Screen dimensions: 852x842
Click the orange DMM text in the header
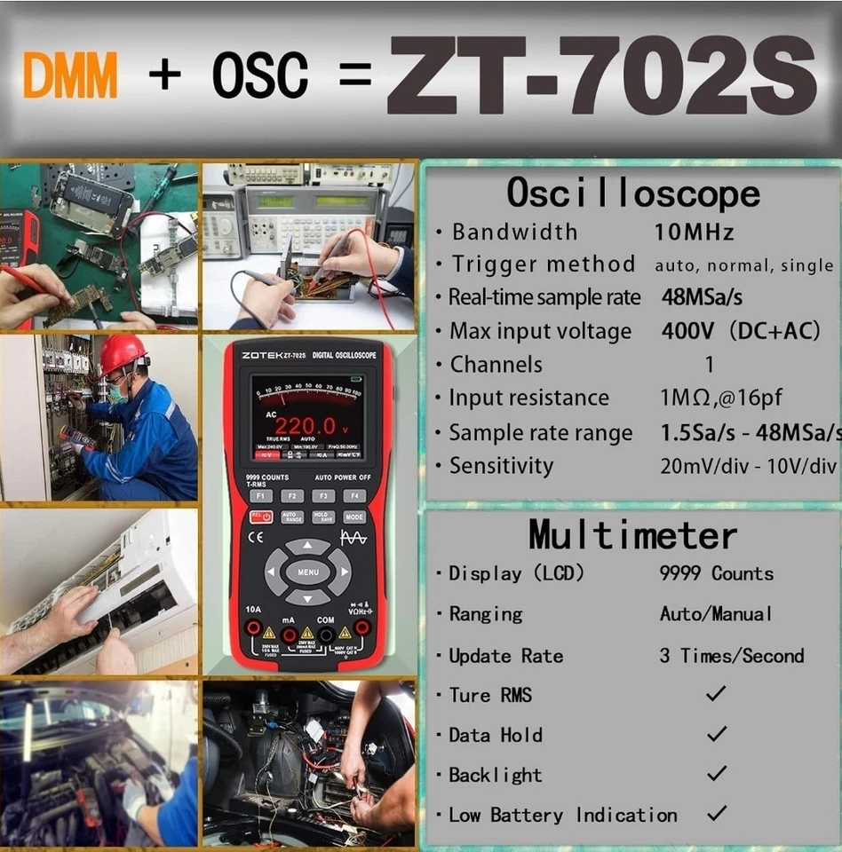click(x=70, y=75)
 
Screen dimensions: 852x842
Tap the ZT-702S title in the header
click(x=600, y=75)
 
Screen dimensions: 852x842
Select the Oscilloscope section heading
click(x=633, y=193)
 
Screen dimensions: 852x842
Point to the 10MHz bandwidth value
click(x=695, y=233)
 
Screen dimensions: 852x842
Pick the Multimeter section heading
click(x=632, y=534)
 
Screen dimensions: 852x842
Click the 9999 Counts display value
click(x=716, y=573)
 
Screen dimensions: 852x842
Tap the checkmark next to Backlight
click(x=716, y=774)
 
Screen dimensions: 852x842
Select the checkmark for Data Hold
click(x=716, y=734)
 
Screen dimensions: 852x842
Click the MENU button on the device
click(x=308, y=572)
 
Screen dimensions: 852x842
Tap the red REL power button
click(x=261, y=517)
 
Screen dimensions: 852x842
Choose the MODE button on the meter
click(x=354, y=517)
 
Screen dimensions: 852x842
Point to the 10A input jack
click(x=254, y=629)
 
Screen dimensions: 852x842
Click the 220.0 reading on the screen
click(x=305, y=426)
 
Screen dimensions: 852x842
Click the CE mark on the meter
click(x=256, y=537)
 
